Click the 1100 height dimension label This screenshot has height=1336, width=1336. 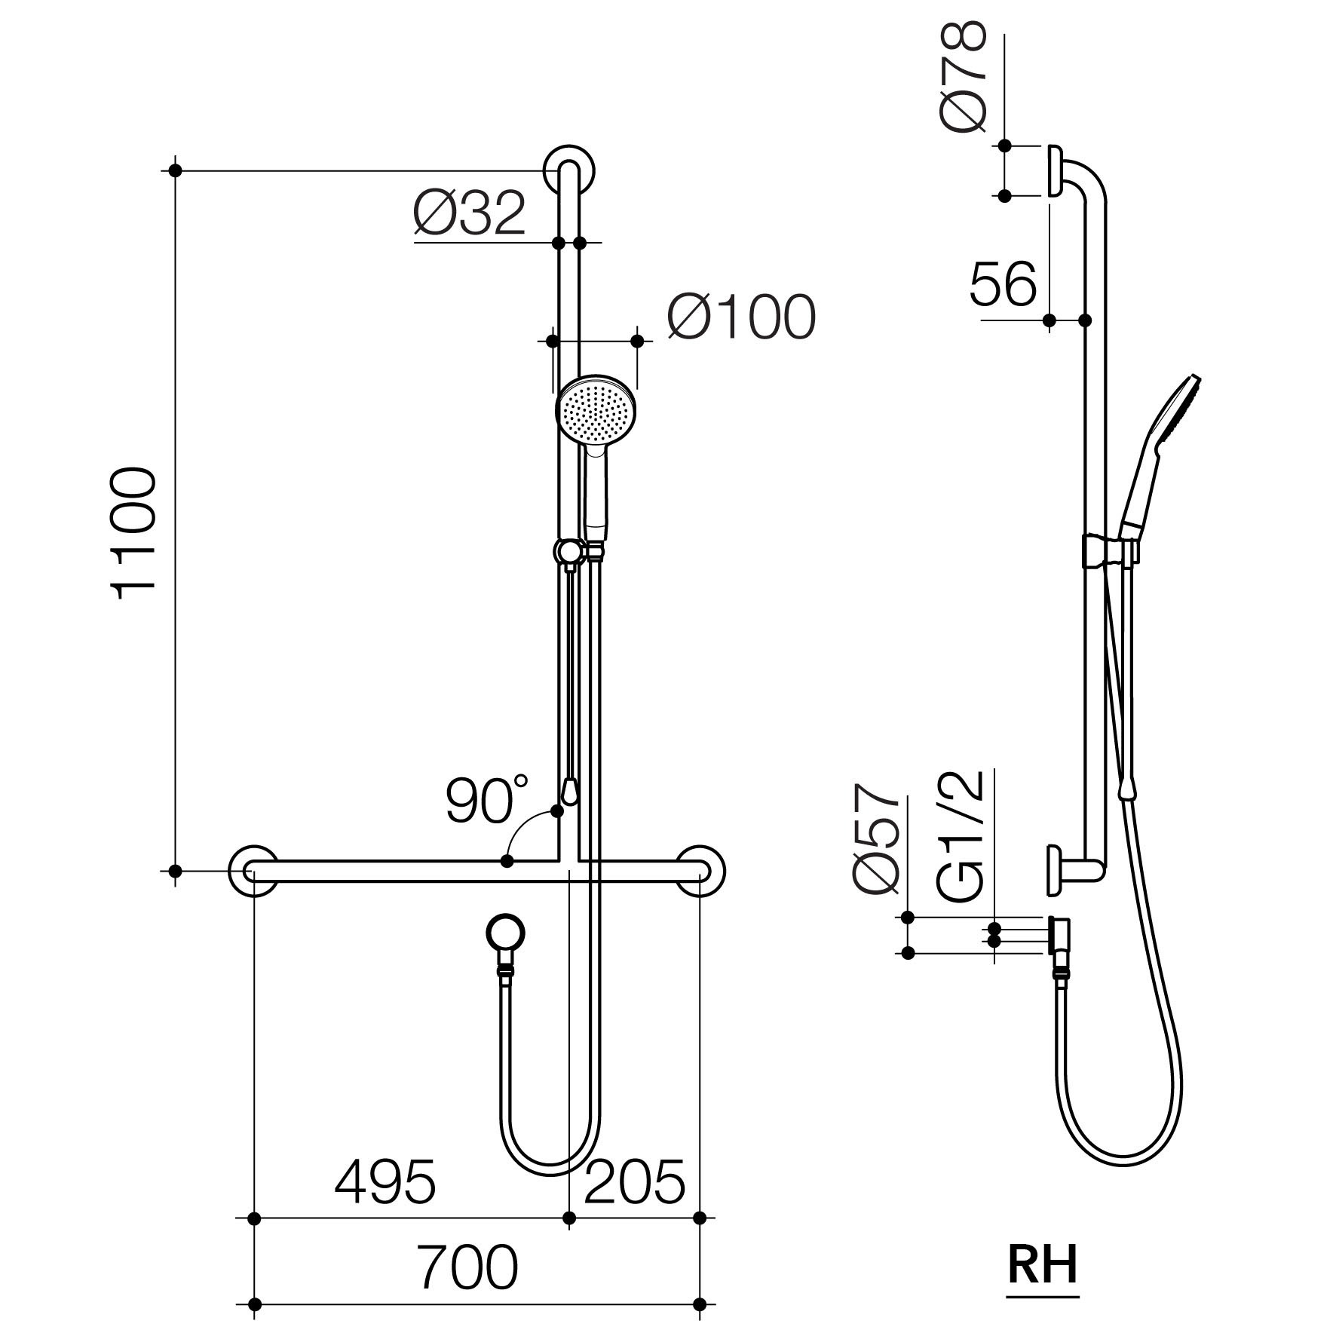(136, 534)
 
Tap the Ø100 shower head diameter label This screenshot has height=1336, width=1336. (741, 317)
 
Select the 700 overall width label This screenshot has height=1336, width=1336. (468, 1267)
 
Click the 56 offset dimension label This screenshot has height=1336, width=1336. (1003, 284)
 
